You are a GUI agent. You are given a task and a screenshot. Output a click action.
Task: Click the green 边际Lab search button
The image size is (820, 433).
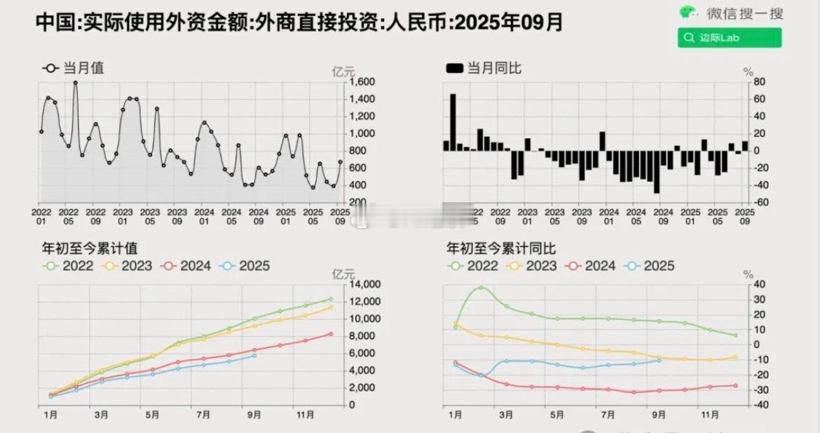[729, 38]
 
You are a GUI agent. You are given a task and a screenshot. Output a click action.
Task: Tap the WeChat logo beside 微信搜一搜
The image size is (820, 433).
[688, 13]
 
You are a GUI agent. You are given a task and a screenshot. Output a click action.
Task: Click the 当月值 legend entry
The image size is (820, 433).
[73, 68]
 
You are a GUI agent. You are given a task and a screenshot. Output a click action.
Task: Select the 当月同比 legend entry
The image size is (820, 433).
[484, 68]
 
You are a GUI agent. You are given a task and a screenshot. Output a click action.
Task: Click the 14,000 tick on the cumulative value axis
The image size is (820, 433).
[363, 284]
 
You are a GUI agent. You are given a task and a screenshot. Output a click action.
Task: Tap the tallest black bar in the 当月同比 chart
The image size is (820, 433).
[453, 122]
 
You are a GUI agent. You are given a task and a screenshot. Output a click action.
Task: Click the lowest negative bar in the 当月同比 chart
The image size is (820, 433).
[657, 171]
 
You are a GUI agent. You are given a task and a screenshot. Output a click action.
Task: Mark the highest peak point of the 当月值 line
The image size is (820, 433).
[75, 83]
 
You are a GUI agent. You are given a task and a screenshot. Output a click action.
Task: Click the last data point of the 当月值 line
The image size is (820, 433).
[341, 162]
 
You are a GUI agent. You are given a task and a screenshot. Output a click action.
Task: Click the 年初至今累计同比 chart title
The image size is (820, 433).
[501, 248]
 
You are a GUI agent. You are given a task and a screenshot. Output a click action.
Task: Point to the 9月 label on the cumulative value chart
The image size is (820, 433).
[254, 415]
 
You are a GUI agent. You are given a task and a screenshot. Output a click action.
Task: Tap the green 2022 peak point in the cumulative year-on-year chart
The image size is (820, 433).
[481, 288]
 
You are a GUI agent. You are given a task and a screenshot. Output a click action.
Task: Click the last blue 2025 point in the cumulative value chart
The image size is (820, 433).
[254, 355]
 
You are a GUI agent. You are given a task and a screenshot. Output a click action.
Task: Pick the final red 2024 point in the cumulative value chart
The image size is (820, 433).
[331, 334]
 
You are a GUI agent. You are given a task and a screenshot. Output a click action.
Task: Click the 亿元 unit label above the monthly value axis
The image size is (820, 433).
[343, 71]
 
